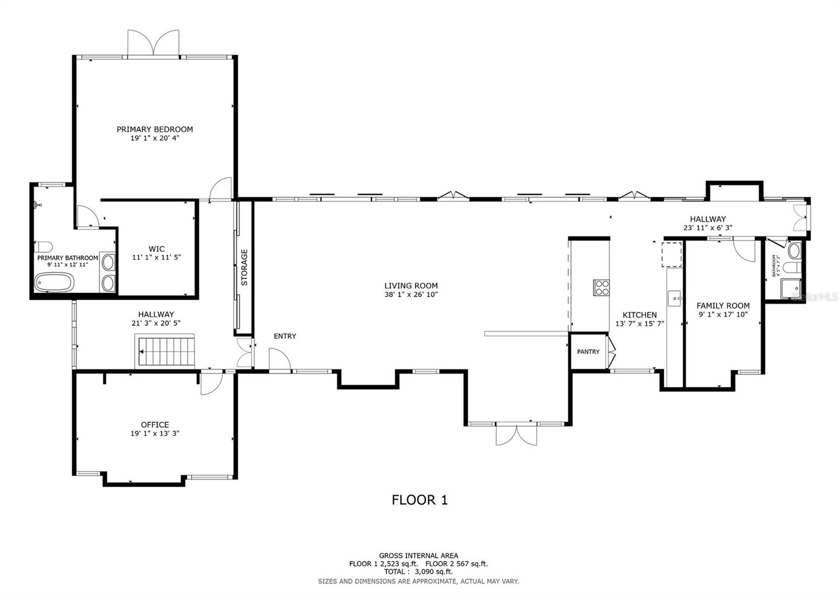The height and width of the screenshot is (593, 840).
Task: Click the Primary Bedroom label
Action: tap(154, 129)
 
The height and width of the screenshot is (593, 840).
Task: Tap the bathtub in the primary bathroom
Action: tap(54, 283)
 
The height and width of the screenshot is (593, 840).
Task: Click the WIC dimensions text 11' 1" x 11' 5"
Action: tap(156, 258)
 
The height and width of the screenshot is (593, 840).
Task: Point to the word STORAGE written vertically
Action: tap(244, 268)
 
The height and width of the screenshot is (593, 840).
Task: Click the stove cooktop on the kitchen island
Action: tap(602, 288)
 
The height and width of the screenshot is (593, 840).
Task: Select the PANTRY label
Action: tap(588, 352)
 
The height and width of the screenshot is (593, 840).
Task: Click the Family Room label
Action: tap(723, 305)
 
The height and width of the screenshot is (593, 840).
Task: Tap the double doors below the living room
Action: tap(517, 435)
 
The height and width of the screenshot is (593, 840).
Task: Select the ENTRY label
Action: tap(285, 336)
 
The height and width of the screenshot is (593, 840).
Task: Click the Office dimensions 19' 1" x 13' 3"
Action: tap(155, 433)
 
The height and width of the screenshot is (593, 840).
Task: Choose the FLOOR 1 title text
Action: tap(419, 500)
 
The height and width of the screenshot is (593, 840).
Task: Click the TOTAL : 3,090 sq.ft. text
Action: tap(418, 571)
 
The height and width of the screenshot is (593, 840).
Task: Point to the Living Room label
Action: tap(411, 286)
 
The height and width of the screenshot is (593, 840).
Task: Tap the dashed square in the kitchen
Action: tap(671, 255)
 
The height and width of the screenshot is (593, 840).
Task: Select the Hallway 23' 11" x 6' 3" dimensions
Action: tap(708, 228)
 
